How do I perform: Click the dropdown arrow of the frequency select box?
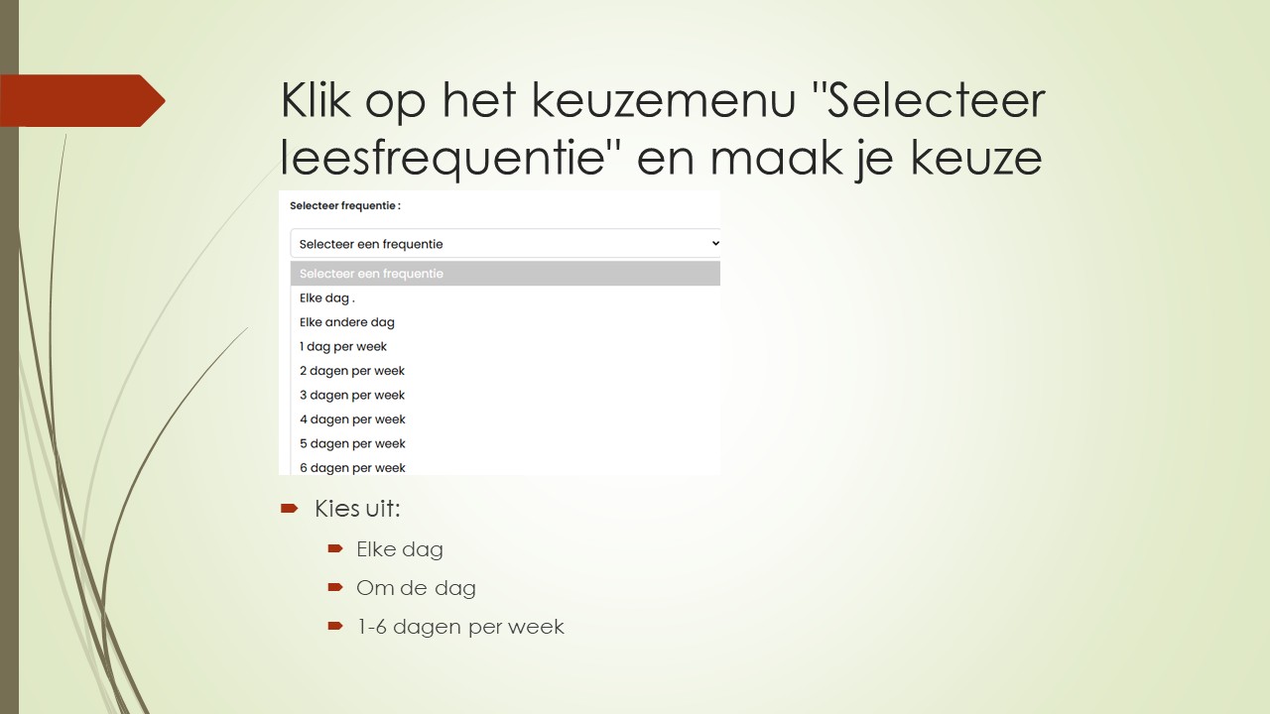click(x=715, y=243)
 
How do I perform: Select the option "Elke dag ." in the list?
click(x=327, y=297)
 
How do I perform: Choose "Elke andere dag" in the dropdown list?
click(x=347, y=322)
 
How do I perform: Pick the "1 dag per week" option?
click(x=343, y=346)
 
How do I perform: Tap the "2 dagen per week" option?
click(x=352, y=371)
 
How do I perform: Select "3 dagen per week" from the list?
click(x=352, y=395)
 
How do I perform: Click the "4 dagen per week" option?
click(x=352, y=419)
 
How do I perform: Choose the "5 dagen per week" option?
click(x=352, y=443)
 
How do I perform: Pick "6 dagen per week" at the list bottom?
click(x=352, y=467)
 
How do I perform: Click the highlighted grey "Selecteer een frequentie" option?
click(x=371, y=274)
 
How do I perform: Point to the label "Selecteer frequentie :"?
click(x=345, y=206)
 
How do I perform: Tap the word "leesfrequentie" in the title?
click(x=443, y=158)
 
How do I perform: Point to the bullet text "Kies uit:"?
click(x=357, y=509)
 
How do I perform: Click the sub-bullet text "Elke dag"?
click(x=400, y=549)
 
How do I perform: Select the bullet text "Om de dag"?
click(x=416, y=588)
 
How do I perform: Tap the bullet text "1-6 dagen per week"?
click(x=460, y=627)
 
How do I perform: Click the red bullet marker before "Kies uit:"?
click(x=289, y=508)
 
